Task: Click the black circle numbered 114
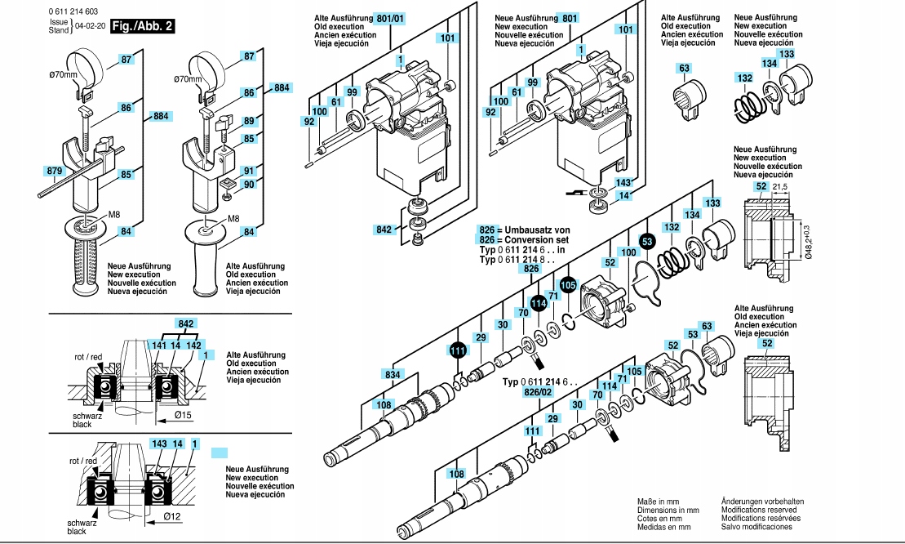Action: point(538,303)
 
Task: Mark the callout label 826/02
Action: point(539,393)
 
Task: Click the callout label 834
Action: point(393,374)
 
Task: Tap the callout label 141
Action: point(158,346)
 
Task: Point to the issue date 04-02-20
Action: point(90,26)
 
